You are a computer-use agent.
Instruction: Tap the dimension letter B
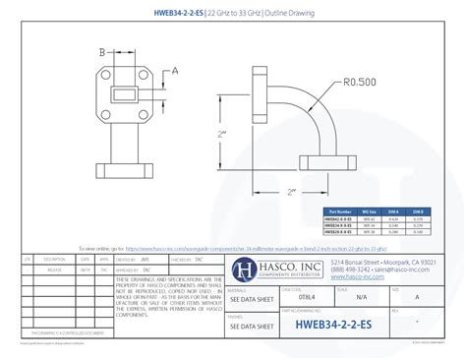click(101, 52)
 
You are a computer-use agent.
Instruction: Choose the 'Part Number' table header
click(339, 210)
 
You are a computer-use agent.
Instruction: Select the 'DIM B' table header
click(418, 210)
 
